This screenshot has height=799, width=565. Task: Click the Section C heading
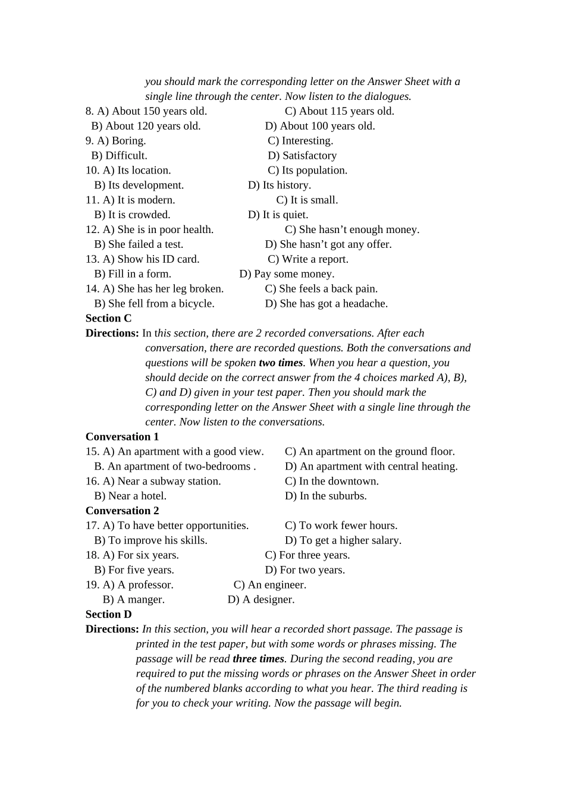point(108,319)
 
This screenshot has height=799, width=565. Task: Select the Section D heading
point(108,615)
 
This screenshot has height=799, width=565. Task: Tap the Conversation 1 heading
point(122,437)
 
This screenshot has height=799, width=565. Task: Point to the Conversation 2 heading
point(122,511)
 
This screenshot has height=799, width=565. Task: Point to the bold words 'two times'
point(281,363)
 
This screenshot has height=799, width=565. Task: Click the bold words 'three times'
point(258,659)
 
